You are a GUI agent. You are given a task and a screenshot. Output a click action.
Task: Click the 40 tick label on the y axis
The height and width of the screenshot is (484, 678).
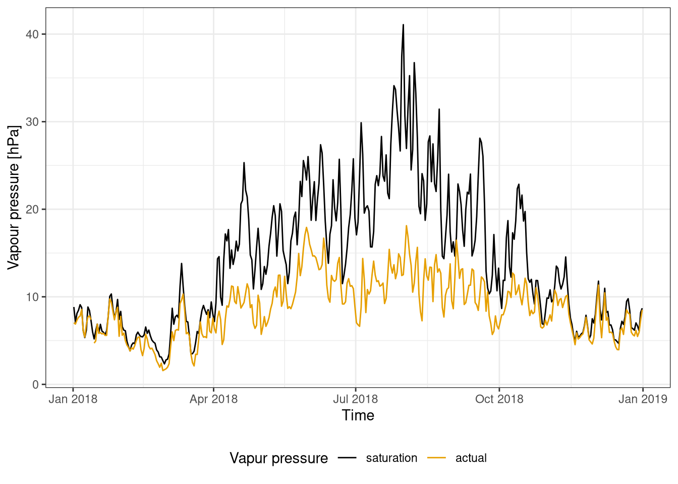pos(33,34)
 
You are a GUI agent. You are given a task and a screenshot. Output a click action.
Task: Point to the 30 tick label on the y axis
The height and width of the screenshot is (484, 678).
pos(33,122)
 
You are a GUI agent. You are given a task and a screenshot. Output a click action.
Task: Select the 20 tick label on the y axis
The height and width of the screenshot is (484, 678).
pos(33,209)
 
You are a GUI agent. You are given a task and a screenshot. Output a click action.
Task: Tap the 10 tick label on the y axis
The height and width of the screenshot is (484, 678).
pos(33,297)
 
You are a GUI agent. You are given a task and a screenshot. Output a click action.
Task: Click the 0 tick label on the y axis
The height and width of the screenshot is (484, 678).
pos(35,385)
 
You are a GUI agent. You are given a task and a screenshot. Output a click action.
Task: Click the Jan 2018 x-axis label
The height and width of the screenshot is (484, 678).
pos(73,399)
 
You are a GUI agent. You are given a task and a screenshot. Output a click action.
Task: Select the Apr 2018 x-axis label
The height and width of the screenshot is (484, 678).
pos(213,399)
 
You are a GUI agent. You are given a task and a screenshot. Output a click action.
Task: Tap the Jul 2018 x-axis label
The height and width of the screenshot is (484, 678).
pos(356,399)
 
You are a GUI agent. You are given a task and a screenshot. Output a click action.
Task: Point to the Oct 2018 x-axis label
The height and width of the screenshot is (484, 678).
pos(499,399)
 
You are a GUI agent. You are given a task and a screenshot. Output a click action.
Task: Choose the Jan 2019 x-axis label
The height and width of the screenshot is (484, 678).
pos(643,399)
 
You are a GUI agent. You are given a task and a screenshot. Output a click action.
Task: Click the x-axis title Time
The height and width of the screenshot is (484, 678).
pos(358,415)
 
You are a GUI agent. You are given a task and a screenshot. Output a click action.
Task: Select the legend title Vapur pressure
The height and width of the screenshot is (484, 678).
pos(278,458)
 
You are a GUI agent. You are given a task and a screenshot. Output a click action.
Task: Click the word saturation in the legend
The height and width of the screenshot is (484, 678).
pos(391,458)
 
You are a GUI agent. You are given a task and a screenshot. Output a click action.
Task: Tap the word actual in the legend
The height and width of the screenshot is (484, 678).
pos(471,458)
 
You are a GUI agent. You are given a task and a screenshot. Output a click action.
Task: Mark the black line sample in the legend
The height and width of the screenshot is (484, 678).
pos(348,458)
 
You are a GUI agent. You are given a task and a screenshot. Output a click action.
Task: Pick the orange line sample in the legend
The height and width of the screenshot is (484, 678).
pos(437,458)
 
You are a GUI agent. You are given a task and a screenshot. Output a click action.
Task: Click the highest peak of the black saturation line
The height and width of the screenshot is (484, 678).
pos(403,24)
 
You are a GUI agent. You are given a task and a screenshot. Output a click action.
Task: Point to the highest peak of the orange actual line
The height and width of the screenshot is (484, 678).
pos(406,225)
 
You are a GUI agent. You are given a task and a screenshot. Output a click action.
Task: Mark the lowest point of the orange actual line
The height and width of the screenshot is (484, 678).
pos(162,371)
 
